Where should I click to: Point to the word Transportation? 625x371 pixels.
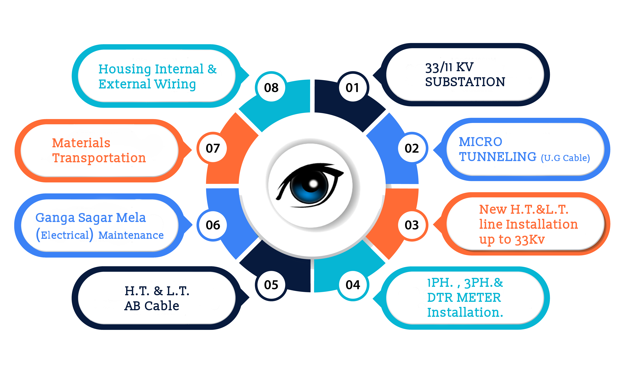(x=99, y=158)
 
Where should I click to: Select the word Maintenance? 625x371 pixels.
(x=131, y=235)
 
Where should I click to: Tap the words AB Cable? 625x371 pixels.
(x=152, y=306)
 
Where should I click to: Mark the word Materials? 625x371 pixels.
(x=81, y=143)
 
